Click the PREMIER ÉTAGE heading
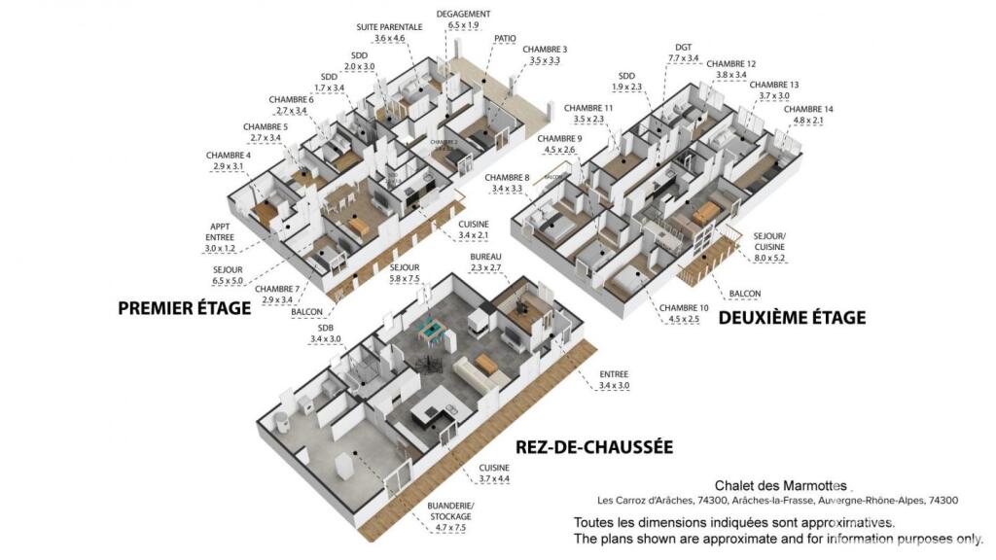[184, 308]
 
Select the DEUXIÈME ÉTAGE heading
[791, 317]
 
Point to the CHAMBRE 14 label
[808, 109]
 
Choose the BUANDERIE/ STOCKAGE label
[449, 511]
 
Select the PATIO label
[505, 39]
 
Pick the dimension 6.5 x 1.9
[463, 25]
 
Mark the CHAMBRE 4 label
[228, 155]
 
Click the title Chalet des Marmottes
[781, 485]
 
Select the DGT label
[683, 47]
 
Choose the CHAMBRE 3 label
[545, 49]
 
